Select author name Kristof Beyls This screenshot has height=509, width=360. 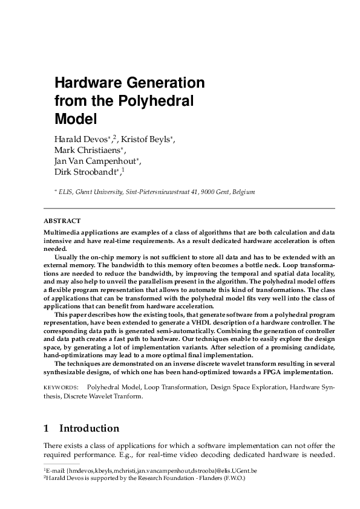tap(145, 140)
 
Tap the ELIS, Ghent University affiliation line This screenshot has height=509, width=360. tap(157, 192)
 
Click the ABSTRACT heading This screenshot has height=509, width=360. tap(62, 221)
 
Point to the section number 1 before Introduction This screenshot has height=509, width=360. tap(46, 429)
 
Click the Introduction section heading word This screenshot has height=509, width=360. tap(89, 429)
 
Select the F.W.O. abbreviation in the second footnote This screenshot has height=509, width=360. tap(234, 478)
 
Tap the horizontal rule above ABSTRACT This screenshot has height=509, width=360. tap(189, 209)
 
